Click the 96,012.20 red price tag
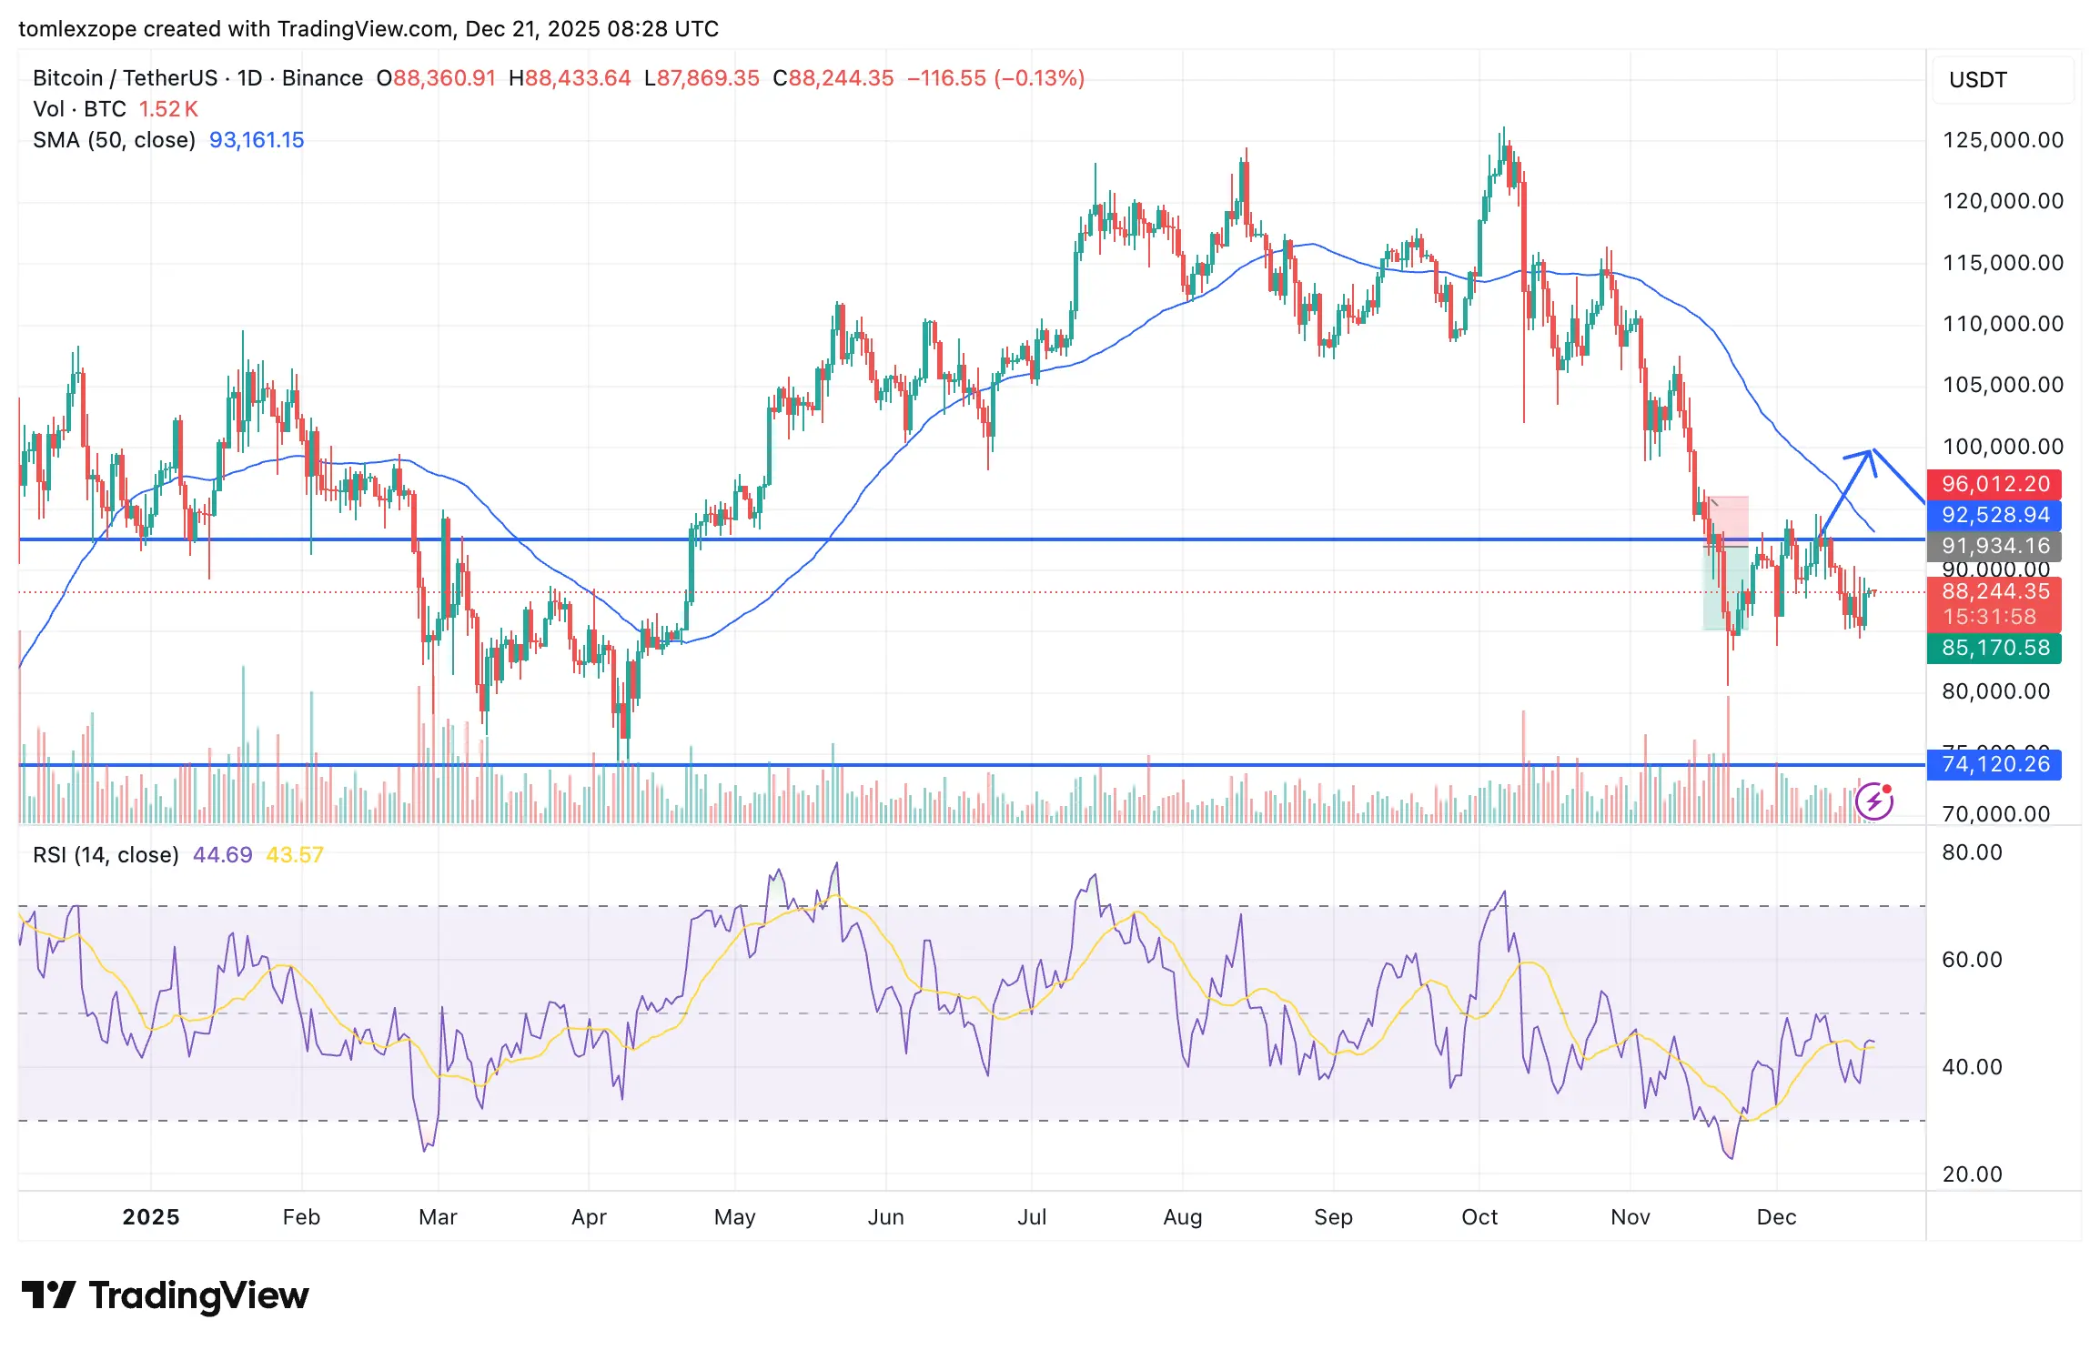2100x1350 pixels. tap(1994, 484)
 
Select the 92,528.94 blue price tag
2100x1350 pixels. tap(1994, 515)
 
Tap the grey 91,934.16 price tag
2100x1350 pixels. tap(1994, 546)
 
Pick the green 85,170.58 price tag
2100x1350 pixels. tap(1994, 648)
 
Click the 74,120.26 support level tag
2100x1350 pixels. tap(1994, 764)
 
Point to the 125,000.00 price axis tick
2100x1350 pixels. tap(2003, 140)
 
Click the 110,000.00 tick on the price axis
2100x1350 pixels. tap(2003, 324)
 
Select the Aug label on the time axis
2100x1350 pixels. tap(1182, 1217)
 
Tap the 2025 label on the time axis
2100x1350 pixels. tap(151, 1217)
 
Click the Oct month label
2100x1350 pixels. tap(1479, 1217)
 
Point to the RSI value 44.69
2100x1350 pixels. tap(222, 855)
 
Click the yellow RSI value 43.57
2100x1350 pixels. tap(294, 855)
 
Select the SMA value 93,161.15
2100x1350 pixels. tap(257, 140)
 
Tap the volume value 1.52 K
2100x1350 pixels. tap(167, 109)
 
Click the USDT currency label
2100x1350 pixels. tap(1977, 80)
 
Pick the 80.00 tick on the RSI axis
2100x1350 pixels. tap(1972, 852)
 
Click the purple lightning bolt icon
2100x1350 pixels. tap(1874, 801)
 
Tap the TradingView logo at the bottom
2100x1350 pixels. tap(166, 1295)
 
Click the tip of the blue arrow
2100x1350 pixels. tap(1872, 451)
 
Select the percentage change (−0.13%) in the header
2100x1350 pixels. tap(1039, 78)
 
